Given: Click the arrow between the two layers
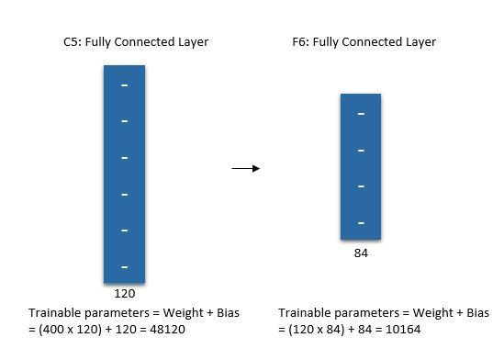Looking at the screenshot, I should tap(245, 168).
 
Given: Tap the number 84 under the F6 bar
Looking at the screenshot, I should tap(361, 253).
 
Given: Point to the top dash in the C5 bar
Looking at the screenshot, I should tap(124, 85).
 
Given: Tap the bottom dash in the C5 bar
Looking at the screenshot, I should tap(124, 267).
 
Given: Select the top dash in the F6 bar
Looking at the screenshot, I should tap(361, 113).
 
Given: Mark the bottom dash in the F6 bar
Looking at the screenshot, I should tap(361, 223).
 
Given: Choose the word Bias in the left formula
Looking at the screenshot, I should tap(226, 312).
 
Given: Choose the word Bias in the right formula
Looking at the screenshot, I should tap(476, 312).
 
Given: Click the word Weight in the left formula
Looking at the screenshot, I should tap(176, 312).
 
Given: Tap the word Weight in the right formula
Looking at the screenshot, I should tap(426, 312).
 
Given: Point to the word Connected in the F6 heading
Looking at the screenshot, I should tap(381, 42).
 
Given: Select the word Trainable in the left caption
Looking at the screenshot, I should tap(53, 312).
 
